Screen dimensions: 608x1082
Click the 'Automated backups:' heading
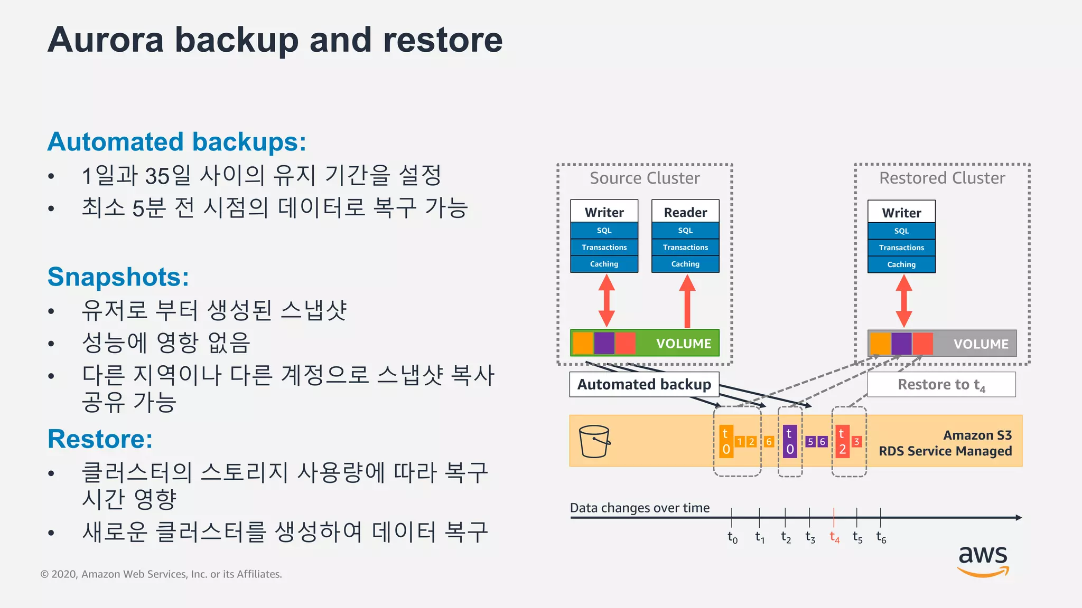[x=176, y=142]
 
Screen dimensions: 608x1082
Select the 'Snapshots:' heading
[x=118, y=277]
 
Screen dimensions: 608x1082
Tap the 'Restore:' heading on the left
[x=100, y=439]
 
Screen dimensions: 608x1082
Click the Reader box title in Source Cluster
[x=685, y=212]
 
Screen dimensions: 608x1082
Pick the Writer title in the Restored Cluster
[x=901, y=213]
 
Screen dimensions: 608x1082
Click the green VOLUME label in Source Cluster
[x=683, y=344]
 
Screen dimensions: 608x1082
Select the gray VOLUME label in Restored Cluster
[x=981, y=344]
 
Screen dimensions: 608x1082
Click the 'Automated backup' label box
[x=644, y=384]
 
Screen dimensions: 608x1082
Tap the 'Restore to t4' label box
[x=941, y=385]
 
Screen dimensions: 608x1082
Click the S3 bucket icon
[x=594, y=441]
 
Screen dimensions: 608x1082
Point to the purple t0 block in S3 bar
[x=790, y=441]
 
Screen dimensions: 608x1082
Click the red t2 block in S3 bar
[x=842, y=441]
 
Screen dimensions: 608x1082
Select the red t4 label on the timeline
[x=834, y=537]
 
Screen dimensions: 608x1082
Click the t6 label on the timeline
[x=881, y=537]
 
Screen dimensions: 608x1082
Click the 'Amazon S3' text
[x=977, y=435]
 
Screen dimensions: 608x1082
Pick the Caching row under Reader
[x=685, y=264]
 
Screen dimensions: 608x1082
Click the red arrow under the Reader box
[x=687, y=301]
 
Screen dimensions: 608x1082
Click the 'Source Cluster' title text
[x=645, y=178]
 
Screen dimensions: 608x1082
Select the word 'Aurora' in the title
[x=106, y=40]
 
